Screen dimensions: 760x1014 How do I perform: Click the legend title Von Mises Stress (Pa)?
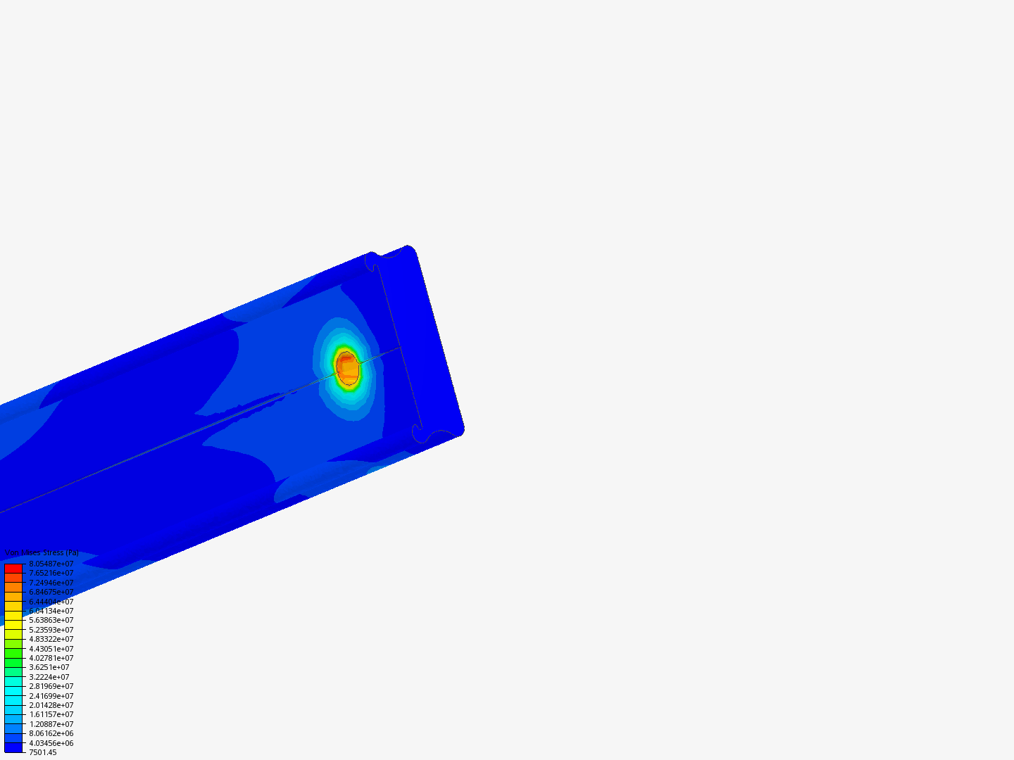pyautogui.click(x=42, y=553)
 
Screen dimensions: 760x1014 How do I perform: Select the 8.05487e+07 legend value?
pyautogui.click(x=51, y=564)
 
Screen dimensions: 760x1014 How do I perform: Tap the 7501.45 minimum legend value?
pyautogui.click(x=42, y=752)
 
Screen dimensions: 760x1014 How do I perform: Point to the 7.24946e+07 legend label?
pyautogui.click(x=51, y=583)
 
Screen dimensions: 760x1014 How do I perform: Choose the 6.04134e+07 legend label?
pyautogui.click(x=51, y=611)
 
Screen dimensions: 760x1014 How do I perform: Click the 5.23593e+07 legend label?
pyautogui.click(x=51, y=630)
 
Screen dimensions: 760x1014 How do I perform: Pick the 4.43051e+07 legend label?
pyautogui.click(x=51, y=649)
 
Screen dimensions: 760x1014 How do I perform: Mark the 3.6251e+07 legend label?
pyautogui.click(x=49, y=667)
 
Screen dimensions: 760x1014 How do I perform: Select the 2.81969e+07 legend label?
pyautogui.click(x=51, y=686)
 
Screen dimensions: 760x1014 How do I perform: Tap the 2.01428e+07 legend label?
pyautogui.click(x=51, y=705)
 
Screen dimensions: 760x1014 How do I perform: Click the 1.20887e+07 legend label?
pyautogui.click(x=51, y=724)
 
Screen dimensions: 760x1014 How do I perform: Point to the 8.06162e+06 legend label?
pyautogui.click(x=51, y=733)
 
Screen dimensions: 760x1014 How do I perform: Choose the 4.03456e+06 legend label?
pyautogui.click(x=51, y=743)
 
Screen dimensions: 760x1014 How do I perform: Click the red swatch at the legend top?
pyautogui.click(x=13, y=568)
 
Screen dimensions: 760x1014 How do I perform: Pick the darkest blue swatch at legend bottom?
pyautogui.click(x=13, y=747)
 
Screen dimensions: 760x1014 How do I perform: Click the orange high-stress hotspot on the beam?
pyautogui.click(x=347, y=367)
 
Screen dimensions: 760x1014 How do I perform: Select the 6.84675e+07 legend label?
pyautogui.click(x=51, y=592)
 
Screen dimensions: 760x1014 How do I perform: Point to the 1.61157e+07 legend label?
pyautogui.click(x=51, y=714)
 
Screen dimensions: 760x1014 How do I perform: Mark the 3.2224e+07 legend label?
pyautogui.click(x=49, y=677)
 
